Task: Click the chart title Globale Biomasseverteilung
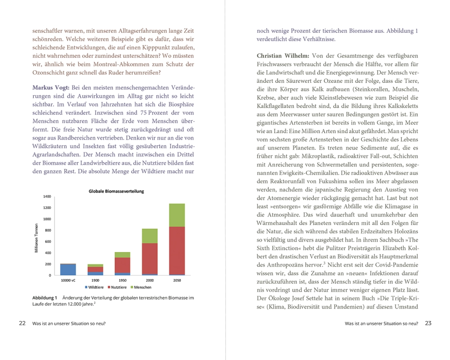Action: (116, 191)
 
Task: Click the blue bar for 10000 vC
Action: (68, 270)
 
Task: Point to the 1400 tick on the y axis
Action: (47, 197)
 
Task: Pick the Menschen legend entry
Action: (142, 287)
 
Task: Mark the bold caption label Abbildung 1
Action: (45, 298)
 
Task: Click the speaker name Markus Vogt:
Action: (51, 87)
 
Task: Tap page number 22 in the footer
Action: (22, 323)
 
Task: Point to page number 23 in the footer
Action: (428, 323)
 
